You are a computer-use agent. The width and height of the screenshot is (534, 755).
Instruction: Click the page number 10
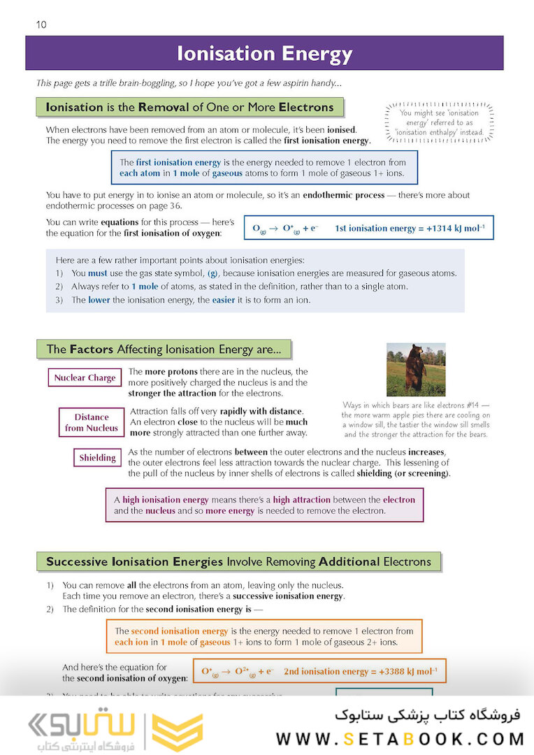[x=41, y=25]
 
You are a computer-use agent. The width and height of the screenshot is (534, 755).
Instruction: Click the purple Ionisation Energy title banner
[x=264, y=54]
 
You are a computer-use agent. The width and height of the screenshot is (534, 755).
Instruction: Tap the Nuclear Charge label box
[x=85, y=378]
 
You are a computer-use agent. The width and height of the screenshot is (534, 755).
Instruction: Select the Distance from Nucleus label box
[x=92, y=422]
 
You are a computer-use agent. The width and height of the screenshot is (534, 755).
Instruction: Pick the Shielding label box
[x=97, y=458]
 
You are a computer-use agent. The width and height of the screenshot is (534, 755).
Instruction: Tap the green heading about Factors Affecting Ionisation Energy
[x=164, y=349]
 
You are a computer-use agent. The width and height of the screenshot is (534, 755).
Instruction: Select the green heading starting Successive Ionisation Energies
[x=238, y=561]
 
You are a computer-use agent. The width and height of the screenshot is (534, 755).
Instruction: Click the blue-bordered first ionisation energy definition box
[x=264, y=168]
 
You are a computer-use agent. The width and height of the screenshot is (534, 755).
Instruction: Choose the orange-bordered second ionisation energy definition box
[x=264, y=636]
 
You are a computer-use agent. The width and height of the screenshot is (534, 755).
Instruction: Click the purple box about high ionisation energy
[x=264, y=505]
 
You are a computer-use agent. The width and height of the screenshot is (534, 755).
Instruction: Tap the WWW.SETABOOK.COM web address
[x=400, y=738]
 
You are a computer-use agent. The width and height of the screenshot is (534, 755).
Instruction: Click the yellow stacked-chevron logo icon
[x=177, y=731]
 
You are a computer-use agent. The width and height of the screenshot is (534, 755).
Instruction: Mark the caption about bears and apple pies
[x=415, y=419]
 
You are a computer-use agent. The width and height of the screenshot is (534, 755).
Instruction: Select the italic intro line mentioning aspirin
[x=189, y=83]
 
